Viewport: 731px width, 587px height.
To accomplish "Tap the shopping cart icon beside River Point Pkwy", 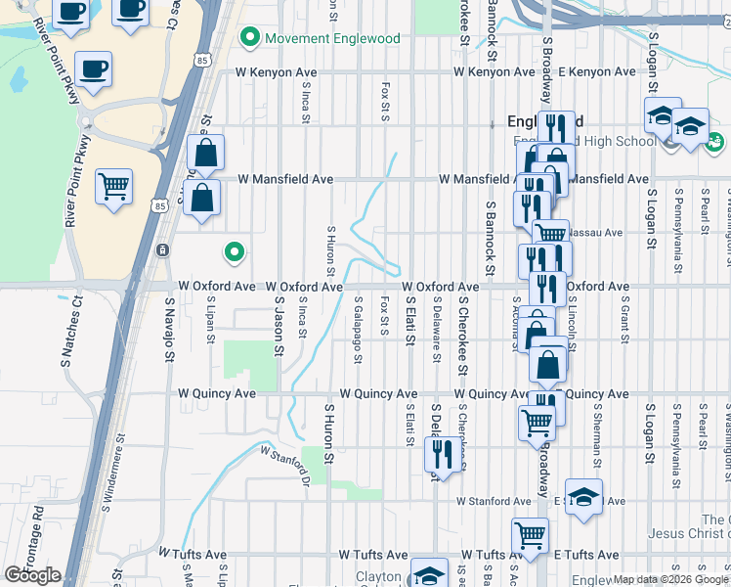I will tap(113, 185).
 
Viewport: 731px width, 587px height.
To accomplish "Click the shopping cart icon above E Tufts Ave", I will tap(530, 535).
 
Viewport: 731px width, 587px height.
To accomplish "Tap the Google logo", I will tap(32, 575).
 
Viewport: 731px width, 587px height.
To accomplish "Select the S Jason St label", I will tap(279, 330).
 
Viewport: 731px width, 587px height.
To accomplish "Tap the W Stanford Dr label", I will tap(284, 465).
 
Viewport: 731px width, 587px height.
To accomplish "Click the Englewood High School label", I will tap(598, 142).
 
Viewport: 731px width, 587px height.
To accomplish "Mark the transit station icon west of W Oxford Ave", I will tap(161, 250).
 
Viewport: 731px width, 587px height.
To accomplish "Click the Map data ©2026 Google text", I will tap(670, 579).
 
